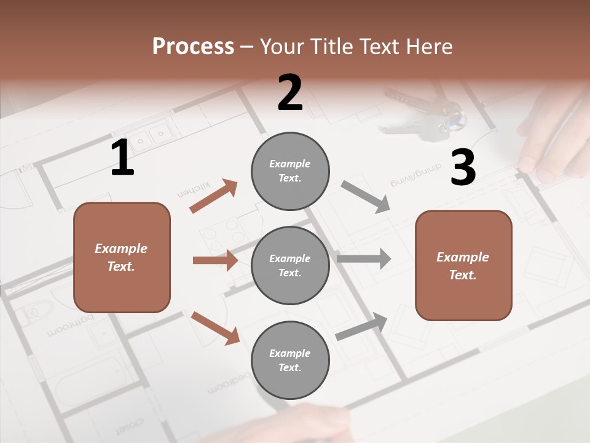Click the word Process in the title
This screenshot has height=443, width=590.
tap(193, 46)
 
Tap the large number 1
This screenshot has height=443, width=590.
tap(122, 158)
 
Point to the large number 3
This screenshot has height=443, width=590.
tap(463, 168)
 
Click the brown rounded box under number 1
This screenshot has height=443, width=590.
tap(122, 257)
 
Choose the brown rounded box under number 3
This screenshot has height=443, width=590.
tap(463, 266)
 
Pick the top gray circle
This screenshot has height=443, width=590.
tap(290, 171)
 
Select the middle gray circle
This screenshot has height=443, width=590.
tap(290, 266)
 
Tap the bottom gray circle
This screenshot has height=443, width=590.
tap(290, 361)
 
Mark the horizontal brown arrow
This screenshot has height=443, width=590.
tap(215, 260)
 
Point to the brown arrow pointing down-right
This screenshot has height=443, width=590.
tap(215, 328)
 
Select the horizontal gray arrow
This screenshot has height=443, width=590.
tap(364, 258)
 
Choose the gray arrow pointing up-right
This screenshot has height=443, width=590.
tap(361, 326)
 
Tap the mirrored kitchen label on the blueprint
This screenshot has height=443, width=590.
tap(194, 190)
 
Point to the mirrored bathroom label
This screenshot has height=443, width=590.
tap(71, 325)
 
